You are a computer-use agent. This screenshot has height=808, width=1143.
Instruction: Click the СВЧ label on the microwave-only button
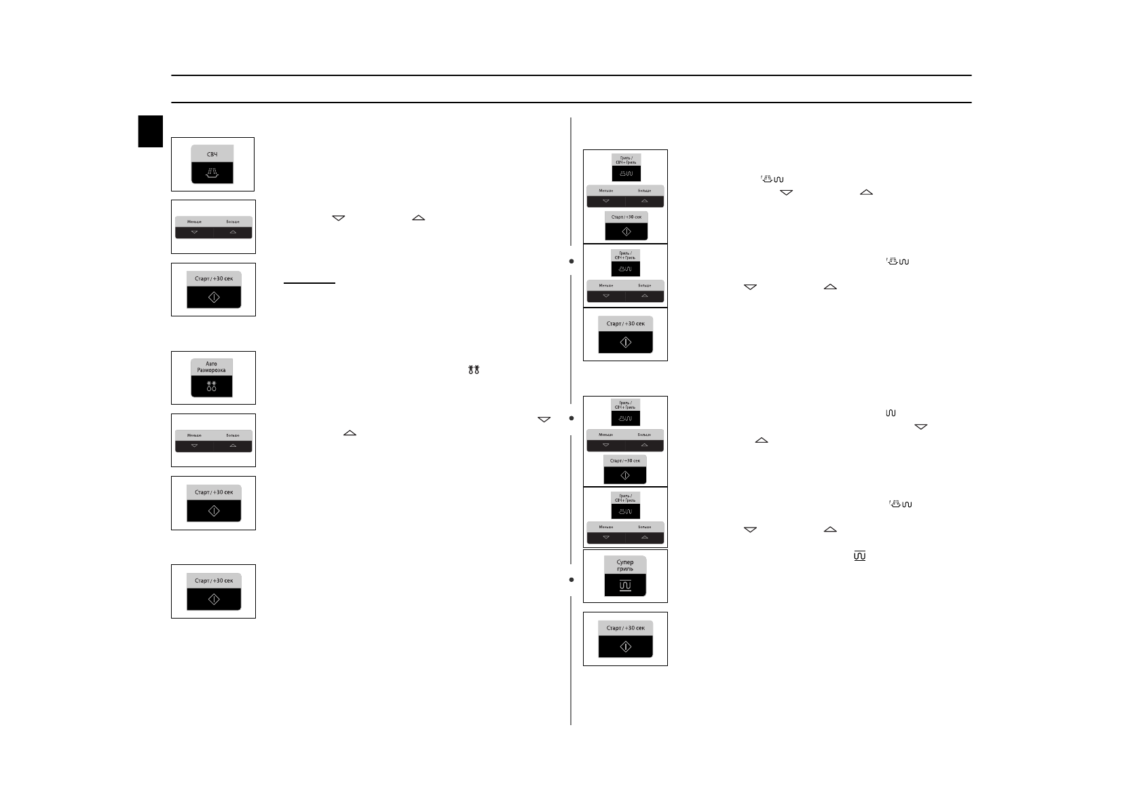click(x=212, y=155)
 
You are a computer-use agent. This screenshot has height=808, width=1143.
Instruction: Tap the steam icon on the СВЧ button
click(x=212, y=174)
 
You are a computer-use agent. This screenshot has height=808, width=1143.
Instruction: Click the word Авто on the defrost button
click(x=212, y=363)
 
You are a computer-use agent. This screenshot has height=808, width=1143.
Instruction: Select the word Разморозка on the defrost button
click(x=212, y=370)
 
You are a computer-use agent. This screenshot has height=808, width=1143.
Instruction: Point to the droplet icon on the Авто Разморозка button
click(x=212, y=387)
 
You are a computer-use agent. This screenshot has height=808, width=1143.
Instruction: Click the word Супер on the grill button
click(x=625, y=562)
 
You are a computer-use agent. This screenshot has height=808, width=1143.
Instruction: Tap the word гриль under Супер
click(x=625, y=569)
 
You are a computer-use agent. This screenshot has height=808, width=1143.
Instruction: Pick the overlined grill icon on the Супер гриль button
click(x=625, y=585)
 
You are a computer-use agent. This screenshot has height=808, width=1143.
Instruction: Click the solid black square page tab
click(x=151, y=131)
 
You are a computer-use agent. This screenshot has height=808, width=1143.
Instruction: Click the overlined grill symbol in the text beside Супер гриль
click(x=860, y=556)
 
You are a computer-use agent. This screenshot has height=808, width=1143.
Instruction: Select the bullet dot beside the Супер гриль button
click(x=571, y=580)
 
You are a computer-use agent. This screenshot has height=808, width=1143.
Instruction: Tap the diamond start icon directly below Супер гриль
click(x=625, y=647)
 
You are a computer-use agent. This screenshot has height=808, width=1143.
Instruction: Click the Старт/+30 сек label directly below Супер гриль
click(x=625, y=628)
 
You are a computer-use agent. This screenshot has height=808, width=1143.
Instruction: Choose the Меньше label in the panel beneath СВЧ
click(x=194, y=222)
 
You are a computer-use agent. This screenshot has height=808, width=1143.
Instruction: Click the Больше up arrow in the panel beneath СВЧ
click(x=233, y=232)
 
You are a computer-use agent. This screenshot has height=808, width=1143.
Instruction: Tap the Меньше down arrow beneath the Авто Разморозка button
click(x=194, y=446)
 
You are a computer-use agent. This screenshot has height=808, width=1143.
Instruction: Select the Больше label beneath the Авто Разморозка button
click(x=233, y=435)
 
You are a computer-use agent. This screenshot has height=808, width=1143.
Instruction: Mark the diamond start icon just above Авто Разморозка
click(x=214, y=297)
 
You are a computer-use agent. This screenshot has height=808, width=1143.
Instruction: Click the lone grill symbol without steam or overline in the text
click(x=891, y=413)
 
